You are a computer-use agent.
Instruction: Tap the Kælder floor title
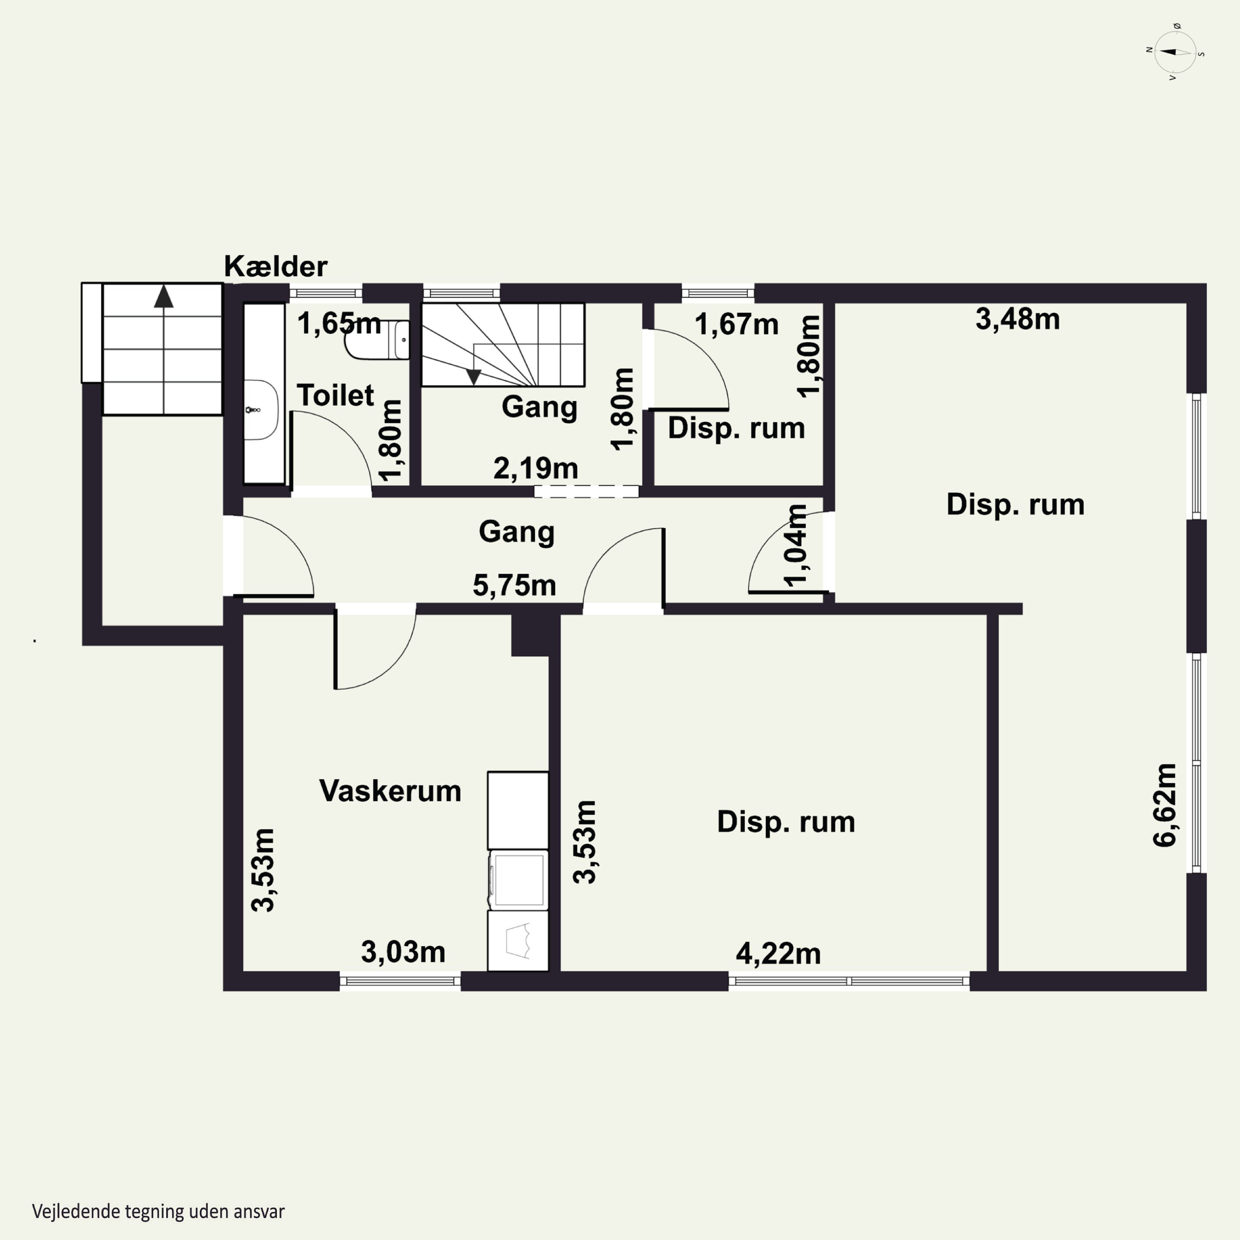click(x=275, y=266)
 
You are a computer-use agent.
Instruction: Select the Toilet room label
click(x=335, y=396)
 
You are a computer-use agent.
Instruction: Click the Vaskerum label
click(x=390, y=791)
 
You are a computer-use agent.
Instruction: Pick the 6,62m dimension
click(x=1165, y=806)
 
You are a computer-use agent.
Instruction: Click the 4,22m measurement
click(x=778, y=954)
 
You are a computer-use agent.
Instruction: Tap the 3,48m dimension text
click(x=1017, y=319)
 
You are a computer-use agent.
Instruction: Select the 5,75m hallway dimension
click(x=514, y=585)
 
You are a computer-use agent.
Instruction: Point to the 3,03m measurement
click(x=403, y=952)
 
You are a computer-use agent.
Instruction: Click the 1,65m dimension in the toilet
click(x=339, y=324)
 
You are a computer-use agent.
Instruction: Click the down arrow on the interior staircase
click(x=474, y=377)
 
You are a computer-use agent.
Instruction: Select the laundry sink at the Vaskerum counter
click(x=518, y=941)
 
